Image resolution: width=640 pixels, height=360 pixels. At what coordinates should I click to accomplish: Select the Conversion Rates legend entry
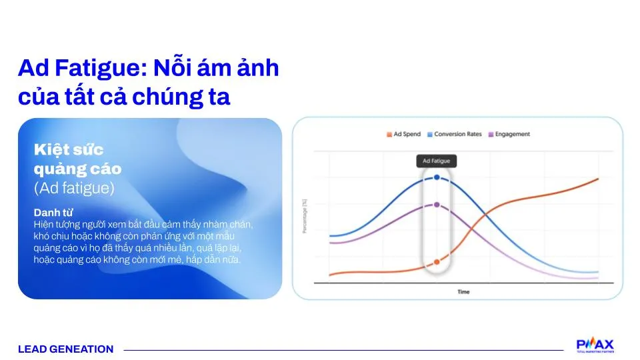pos(457,134)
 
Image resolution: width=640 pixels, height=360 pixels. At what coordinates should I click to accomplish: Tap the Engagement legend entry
pos(512,134)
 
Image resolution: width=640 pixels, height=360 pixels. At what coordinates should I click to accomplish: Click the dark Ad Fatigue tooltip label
pos(437,161)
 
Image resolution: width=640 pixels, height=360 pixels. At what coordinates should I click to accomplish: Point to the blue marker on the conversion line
pos(437,177)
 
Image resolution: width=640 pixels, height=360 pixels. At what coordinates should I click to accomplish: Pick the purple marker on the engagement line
pos(437,205)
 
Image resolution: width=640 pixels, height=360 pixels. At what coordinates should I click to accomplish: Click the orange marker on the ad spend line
pos(437,262)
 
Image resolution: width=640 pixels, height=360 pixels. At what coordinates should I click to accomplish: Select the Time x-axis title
pos(463,292)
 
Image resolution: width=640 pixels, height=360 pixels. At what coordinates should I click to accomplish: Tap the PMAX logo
pos(595,345)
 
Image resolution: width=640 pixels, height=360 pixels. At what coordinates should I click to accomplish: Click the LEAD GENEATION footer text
pos(66,349)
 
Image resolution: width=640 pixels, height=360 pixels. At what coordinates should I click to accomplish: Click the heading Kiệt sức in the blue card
pos(69,149)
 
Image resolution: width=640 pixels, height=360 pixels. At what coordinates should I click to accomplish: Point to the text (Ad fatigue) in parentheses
pos(74,188)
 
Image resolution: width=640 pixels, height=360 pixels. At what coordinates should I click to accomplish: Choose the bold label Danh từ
pos(53,213)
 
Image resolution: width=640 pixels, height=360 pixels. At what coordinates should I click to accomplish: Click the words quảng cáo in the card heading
pos(77,169)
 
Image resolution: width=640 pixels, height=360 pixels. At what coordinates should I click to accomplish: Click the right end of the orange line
pos(597,179)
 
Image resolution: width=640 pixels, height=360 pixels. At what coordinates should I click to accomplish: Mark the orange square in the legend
pos(389,134)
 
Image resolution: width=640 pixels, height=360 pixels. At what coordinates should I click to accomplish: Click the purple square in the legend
pos(491,134)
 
